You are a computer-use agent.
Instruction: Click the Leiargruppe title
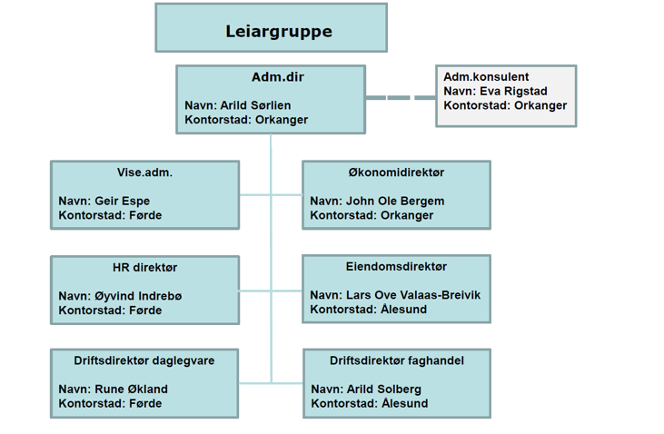(x=271, y=32)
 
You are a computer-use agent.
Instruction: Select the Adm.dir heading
(x=271, y=78)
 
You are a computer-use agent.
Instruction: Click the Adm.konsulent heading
(x=486, y=77)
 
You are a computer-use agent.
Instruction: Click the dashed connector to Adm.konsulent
(x=400, y=97)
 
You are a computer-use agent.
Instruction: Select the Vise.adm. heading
(x=145, y=173)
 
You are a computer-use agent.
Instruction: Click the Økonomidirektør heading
(x=395, y=173)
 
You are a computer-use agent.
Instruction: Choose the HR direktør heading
(x=145, y=267)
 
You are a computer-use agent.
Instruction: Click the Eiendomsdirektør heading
(x=396, y=267)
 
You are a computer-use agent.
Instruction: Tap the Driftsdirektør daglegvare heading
(x=144, y=361)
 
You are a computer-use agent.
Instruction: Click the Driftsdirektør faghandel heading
(x=397, y=361)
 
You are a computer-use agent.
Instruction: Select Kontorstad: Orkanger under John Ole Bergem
(x=372, y=216)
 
